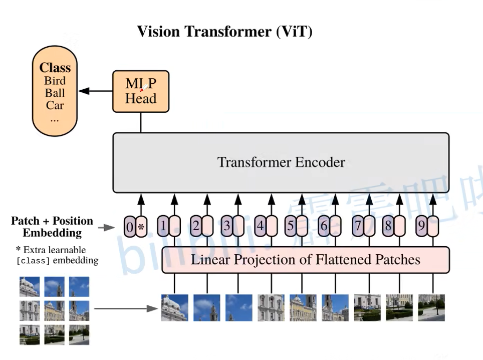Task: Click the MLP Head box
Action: [x=141, y=91]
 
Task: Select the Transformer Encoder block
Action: [x=281, y=162]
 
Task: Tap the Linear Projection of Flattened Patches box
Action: [x=305, y=260]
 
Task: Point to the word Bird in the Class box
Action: [x=55, y=81]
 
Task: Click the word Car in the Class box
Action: [x=55, y=105]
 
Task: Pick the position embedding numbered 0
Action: [x=130, y=227]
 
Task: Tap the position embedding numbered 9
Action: [x=422, y=227]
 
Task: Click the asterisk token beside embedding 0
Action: [x=141, y=227]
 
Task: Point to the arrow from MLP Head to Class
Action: [x=95, y=91]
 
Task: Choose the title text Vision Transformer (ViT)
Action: [x=224, y=32]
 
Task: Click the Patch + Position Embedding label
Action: [x=52, y=227]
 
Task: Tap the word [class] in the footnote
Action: [x=33, y=261]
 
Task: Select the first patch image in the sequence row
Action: [x=174, y=307]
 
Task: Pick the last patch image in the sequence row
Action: [x=431, y=307]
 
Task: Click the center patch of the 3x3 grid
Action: [x=54, y=311]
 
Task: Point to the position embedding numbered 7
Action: [x=358, y=227]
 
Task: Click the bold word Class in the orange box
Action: [x=55, y=68]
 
